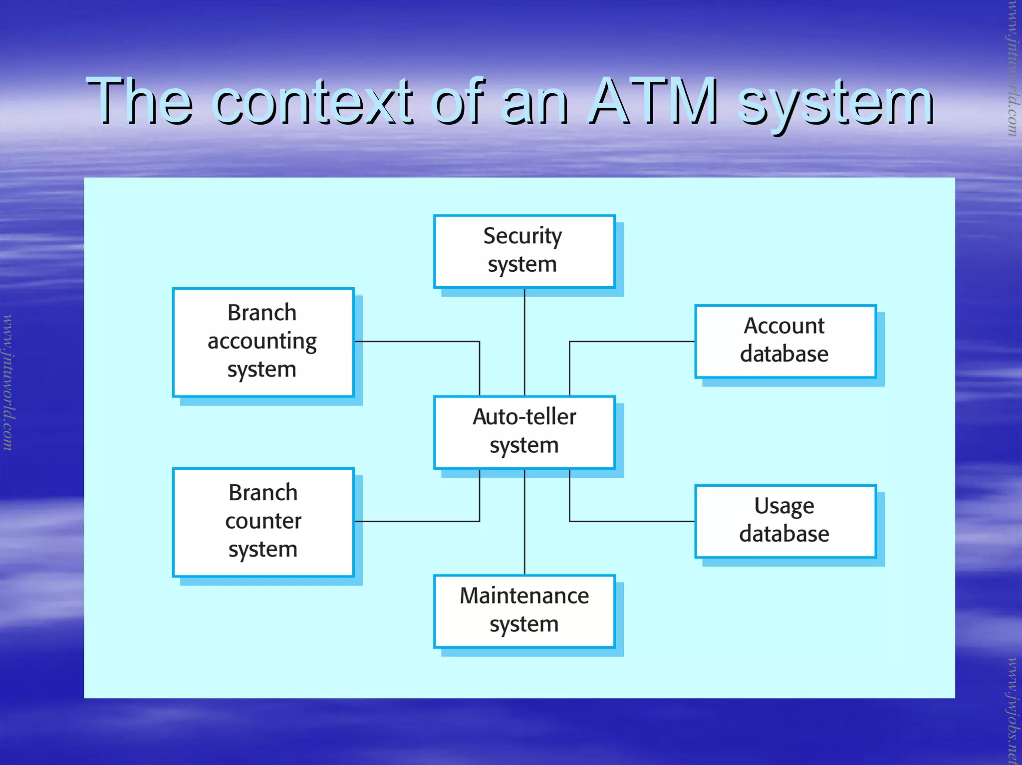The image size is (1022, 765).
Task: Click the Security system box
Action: click(x=524, y=251)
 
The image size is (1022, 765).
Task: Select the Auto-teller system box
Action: click(x=524, y=432)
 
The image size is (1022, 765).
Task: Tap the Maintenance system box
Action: click(x=524, y=611)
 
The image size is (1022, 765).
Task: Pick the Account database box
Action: click(x=785, y=341)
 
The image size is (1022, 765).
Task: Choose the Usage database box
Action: click(x=785, y=521)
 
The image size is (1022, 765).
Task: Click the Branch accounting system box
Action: click(x=263, y=342)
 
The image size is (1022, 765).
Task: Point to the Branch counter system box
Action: click(x=263, y=522)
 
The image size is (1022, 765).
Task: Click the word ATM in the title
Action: click(x=653, y=102)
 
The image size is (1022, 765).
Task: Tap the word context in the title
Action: click(x=313, y=102)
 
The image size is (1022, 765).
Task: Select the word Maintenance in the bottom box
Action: click(x=524, y=596)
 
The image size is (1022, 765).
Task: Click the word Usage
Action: click(x=784, y=506)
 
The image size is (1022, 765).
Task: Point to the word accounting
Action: click(x=262, y=342)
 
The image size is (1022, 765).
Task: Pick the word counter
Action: click(x=263, y=521)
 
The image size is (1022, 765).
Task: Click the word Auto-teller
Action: click(x=524, y=417)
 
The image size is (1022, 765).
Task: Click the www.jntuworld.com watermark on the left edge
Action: click(x=8, y=382)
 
